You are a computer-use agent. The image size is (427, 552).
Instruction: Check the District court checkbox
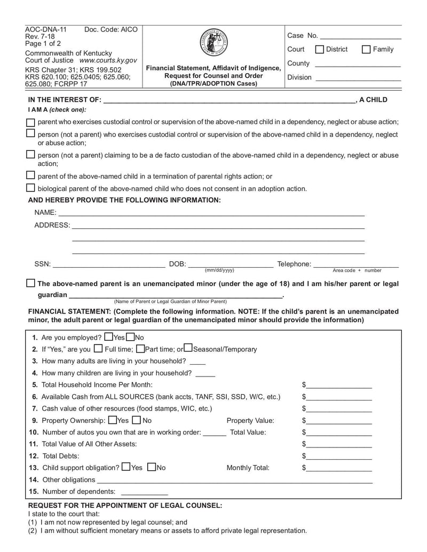point(320,50)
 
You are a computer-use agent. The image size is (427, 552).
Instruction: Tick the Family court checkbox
point(366,50)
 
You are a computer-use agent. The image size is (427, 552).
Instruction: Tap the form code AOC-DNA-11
point(46,29)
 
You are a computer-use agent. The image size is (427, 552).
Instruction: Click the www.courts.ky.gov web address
point(108,61)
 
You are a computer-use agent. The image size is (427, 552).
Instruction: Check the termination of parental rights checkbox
point(30,175)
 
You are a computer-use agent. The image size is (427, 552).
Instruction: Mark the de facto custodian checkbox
point(30,155)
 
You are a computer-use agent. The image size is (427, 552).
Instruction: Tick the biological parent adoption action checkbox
point(30,188)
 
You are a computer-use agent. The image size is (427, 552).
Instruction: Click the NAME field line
point(211,213)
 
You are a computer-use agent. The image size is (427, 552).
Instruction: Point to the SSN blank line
point(109,265)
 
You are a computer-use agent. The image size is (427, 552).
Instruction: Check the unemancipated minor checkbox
point(31,283)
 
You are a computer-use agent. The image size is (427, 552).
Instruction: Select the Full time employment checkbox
point(98,349)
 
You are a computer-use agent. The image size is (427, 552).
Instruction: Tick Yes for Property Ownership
point(113,420)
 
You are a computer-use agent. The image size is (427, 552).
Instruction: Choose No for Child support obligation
point(151,467)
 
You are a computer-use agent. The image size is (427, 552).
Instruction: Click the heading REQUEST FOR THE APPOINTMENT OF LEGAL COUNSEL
point(125,505)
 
